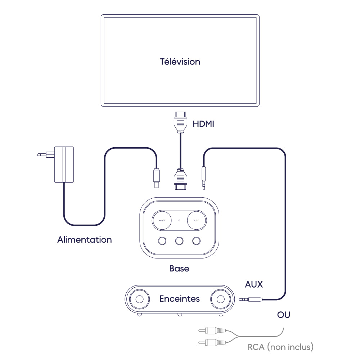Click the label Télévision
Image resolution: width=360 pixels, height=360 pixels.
pyautogui.click(x=180, y=62)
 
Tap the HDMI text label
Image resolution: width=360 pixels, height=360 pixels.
pyautogui.click(x=203, y=124)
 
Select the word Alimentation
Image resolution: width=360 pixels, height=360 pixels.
pyautogui.click(x=85, y=239)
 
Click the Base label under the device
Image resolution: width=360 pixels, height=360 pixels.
pyautogui.click(x=179, y=269)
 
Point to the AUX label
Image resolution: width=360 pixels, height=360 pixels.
pyautogui.click(x=254, y=284)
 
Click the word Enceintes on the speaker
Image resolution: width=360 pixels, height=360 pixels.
pyautogui.click(x=179, y=299)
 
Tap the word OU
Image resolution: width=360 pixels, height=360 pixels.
pyautogui.click(x=284, y=315)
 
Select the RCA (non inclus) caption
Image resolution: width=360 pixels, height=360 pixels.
pyautogui.click(x=281, y=347)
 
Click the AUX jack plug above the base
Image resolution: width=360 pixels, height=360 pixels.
pyautogui.click(x=204, y=176)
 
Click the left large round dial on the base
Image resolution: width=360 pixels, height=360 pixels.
pyautogui.click(x=162, y=220)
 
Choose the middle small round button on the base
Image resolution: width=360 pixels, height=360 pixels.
pyautogui.click(x=179, y=240)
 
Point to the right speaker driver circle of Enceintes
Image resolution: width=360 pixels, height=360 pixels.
pyautogui.click(x=220, y=300)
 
